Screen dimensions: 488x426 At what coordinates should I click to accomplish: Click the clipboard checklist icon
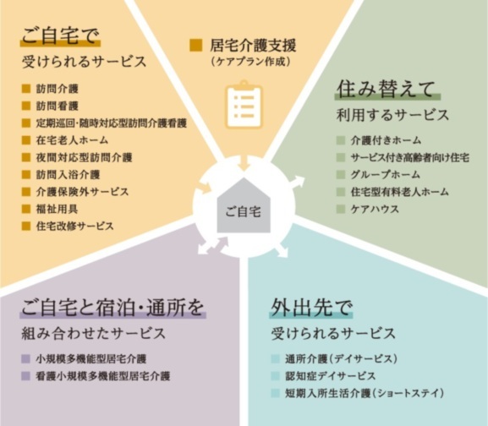click(x=244, y=105)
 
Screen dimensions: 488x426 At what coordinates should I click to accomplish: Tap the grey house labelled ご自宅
click(x=244, y=205)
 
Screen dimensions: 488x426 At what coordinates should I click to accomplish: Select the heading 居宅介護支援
click(x=253, y=46)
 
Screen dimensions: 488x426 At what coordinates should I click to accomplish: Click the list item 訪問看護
click(x=57, y=106)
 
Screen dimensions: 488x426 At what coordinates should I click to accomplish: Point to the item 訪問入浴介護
click(x=68, y=174)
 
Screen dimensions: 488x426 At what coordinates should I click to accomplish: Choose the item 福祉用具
click(x=57, y=209)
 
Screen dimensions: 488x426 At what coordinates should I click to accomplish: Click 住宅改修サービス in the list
click(x=74, y=226)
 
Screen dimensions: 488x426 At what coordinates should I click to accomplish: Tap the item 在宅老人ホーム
click(x=72, y=140)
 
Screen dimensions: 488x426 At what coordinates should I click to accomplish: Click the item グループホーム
click(x=386, y=174)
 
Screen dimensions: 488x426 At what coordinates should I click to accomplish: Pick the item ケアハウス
click(x=375, y=209)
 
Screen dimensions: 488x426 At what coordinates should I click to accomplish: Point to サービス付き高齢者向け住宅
click(x=410, y=157)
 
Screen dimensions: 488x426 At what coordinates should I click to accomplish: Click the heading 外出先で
click(x=311, y=307)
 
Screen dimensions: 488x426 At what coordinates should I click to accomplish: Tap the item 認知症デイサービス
click(x=331, y=376)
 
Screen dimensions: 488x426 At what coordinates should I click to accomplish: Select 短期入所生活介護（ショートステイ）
click(x=365, y=393)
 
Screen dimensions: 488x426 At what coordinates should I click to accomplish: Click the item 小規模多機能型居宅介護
click(x=90, y=359)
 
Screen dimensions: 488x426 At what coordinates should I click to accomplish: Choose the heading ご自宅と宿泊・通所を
click(x=112, y=307)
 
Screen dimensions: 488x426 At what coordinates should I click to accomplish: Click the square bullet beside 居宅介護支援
click(x=196, y=46)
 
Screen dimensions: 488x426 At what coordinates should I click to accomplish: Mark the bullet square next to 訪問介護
click(x=26, y=89)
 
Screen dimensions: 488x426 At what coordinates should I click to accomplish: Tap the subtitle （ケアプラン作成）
click(x=251, y=62)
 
